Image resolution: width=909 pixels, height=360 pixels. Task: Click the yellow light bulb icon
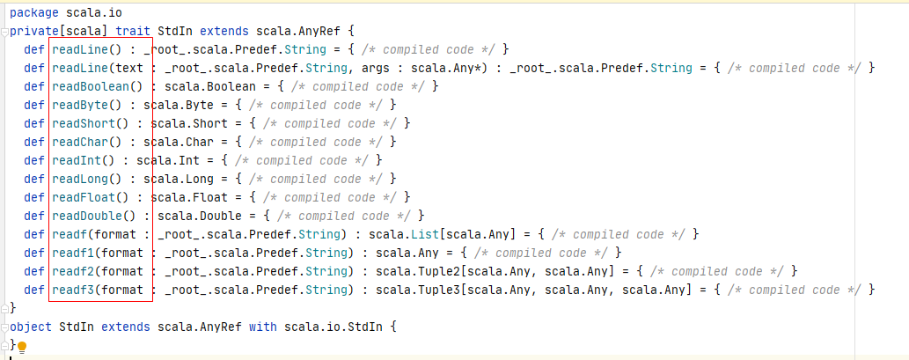click(23, 347)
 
